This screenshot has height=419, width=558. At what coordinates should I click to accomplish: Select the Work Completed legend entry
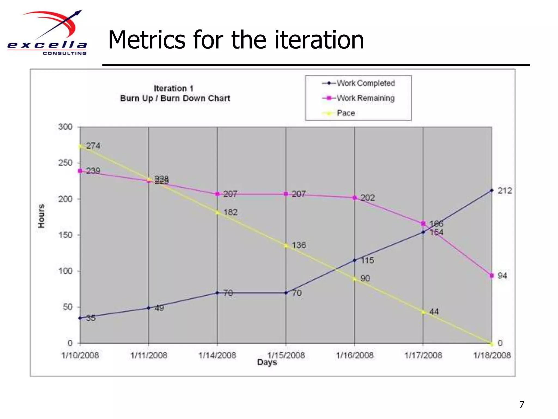pyautogui.click(x=359, y=83)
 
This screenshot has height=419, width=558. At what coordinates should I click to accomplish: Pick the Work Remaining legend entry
pyautogui.click(x=359, y=98)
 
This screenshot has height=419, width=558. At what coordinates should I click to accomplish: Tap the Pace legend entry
pyautogui.click(x=339, y=113)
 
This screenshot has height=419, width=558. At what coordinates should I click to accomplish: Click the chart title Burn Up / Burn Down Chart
pyautogui.click(x=175, y=98)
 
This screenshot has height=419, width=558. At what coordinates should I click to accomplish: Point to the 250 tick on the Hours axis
pyautogui.click(x=65, y=163)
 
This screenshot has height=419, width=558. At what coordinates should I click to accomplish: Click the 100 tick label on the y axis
pyautogui.click(x=65, y=271)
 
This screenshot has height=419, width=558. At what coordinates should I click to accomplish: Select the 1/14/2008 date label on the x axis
pyautogui.click(x=217, y=355)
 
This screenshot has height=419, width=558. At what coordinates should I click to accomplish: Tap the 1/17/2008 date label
pyautogui.click(x=423, y=355)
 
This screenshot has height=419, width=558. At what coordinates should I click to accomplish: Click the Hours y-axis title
pyautogui.click(x=41, y=216)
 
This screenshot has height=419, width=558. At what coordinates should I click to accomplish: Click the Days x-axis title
pyautogui.click(x=267, y=363)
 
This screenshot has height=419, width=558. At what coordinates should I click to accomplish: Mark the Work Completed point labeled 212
pyautogui.click(x=492, y=190)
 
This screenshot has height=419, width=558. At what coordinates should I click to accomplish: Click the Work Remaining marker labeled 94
pyautogui.click(x=492, y=276)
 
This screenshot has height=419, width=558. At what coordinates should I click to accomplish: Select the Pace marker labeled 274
pyautogui.click(x=80, y=146)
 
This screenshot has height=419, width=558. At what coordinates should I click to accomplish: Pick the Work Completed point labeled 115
pyautogui.click(x=354, y=261)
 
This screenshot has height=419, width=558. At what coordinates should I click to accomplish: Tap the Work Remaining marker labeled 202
pyautogui.click(x=354, y=198)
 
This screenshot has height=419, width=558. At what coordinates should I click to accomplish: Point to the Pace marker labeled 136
pyautogui.click(x=286, y=246)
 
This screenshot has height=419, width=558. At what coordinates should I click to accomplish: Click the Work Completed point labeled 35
pyautogui.click(x=80, y=318)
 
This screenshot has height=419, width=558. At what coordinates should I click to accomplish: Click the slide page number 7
pyautogui.click(x=522, y=404)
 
